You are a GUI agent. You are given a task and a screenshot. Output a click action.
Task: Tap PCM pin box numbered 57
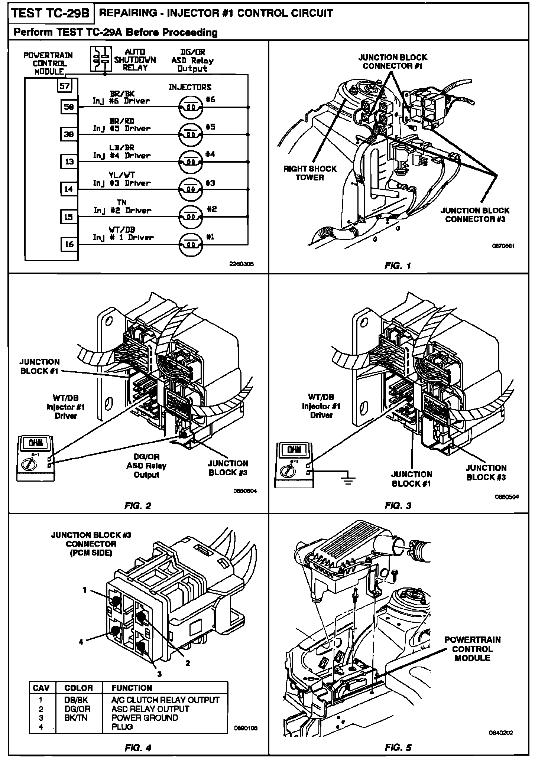(x=65, y=86)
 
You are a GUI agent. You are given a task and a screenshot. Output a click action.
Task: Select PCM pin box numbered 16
(x=69, y=244)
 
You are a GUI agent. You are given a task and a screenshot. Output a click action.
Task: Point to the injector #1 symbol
(x=191, y=245)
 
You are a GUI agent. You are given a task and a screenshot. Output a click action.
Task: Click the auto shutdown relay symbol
(x=101, y=59)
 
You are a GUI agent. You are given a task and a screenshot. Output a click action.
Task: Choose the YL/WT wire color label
(x=121, y=175)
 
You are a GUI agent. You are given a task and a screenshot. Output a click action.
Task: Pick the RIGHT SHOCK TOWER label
(x=309, y=173)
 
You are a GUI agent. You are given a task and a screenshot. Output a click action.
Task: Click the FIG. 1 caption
(x=398, y=266)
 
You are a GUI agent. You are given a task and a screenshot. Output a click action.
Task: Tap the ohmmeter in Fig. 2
(x=36, y=458)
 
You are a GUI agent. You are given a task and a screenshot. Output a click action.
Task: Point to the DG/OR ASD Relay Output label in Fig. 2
(x=146, y=466)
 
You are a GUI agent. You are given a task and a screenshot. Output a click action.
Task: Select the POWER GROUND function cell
(x=145, y=718)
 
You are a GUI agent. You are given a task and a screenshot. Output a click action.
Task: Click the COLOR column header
(x=78, y=688)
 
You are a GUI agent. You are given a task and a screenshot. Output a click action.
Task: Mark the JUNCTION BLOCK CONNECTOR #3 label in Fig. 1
(x=475, y=215)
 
